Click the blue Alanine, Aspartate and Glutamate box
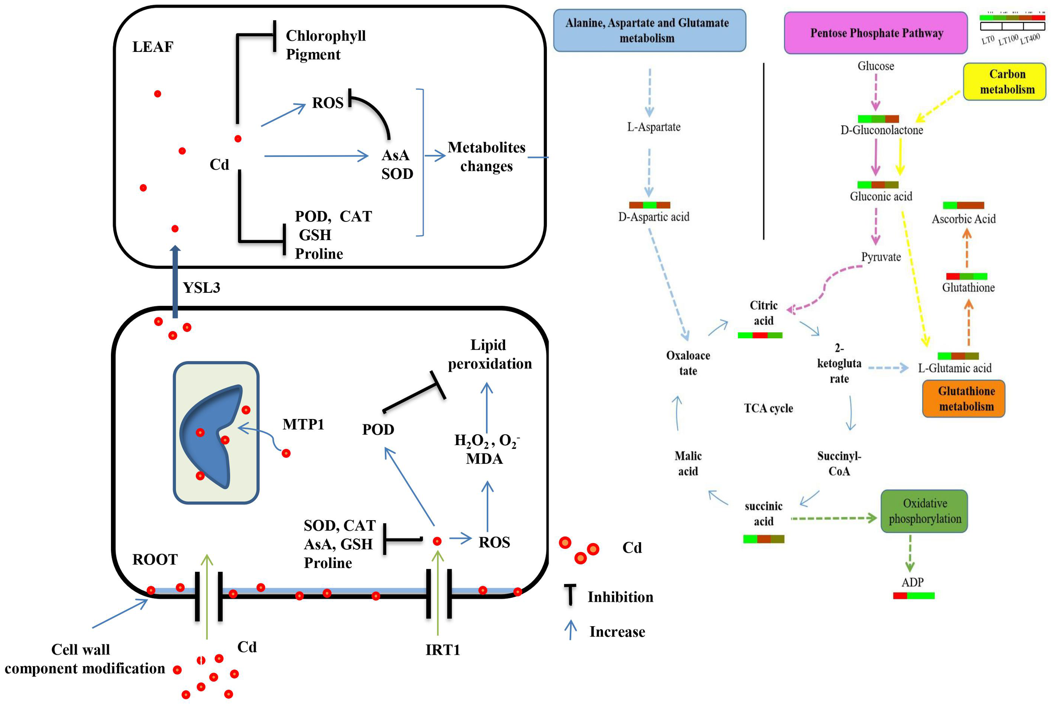click(649, 30)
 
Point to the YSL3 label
click(201, 288)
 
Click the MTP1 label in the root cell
click(303, 424)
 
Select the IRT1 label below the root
click(443, 650)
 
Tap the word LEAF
click(153, 46)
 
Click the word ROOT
click(155, 559)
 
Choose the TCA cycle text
click(768, 408)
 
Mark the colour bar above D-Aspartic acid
click(649, 205)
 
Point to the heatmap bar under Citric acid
click(760, 335)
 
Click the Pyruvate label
click(880, 257)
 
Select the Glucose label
click(875, 66)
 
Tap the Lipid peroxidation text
click(490, 354)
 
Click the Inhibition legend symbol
click(570, 595)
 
